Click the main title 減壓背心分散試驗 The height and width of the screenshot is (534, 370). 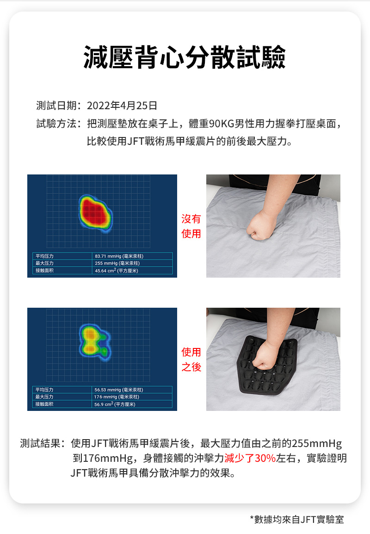click(x=185, y=58)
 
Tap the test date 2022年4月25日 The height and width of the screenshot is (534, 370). click(x=122, y=106)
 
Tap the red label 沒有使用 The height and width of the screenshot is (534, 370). click(x=191, y=226)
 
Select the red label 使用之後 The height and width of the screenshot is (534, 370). click(x=191, y=360)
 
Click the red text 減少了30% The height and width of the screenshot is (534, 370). click(x=250, y=458)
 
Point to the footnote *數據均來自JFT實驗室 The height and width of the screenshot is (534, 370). click(x=296, y=520)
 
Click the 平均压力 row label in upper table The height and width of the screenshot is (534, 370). click(x=45, y=256)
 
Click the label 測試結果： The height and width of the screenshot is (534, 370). click(x=43, y=444)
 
